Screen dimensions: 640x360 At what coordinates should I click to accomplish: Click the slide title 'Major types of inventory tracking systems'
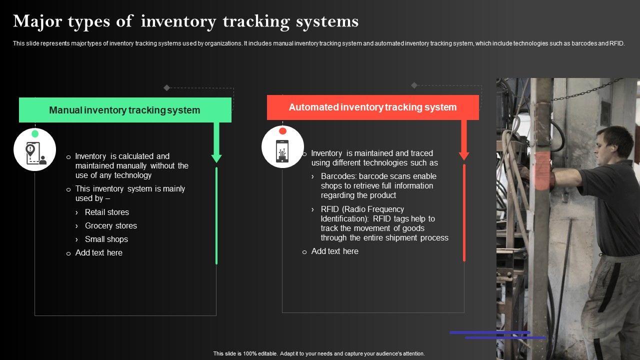click(185, 21)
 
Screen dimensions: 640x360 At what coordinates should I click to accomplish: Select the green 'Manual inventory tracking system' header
click(125, 110)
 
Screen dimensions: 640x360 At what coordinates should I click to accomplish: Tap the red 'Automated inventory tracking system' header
click(372, 107)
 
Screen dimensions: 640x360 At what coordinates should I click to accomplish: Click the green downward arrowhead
click(216, 157)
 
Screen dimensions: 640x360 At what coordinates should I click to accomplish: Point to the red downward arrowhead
click(464, 155)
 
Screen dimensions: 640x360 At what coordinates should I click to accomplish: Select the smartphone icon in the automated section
click(282, 150)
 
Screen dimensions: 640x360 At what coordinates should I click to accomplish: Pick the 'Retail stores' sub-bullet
click(106, 212)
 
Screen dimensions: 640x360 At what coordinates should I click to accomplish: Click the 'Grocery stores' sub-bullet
click(110, 225)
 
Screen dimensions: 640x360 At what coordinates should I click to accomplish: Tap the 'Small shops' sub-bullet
click(106, 239)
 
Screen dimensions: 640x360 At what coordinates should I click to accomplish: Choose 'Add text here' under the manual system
click(98, 252)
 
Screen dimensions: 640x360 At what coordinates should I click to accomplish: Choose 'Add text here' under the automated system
click(334, 251)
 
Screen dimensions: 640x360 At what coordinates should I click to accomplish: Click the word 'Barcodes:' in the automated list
click(338, 176)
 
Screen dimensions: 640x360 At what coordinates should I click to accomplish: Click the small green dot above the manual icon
click(35, 134)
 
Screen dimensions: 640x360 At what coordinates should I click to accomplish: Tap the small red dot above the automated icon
click(282, 131)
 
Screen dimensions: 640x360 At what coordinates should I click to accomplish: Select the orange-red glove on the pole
click(543, 171)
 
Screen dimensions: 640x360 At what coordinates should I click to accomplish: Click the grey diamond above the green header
click(167, 88)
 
